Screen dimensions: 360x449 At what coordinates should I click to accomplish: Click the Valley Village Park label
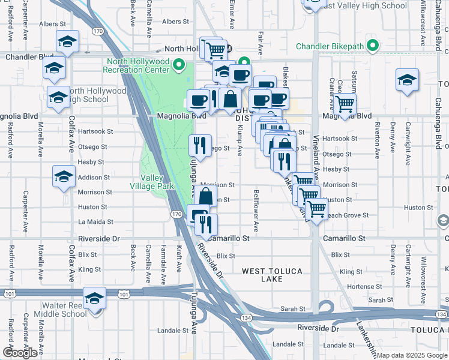(x=157, y=182)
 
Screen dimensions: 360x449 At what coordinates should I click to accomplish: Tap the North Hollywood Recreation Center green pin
(x=178, y=64)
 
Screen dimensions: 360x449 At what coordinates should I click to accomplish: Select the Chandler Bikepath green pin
(x=373, y=46)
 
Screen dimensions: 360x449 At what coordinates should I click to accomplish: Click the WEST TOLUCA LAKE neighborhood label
(x=272, y=275)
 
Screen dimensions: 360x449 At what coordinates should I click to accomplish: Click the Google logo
(x=20, y=353)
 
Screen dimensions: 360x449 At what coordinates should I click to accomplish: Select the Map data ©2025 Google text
(x=412, y=355)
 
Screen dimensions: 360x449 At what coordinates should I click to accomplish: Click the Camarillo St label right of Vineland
(x=344, y=238)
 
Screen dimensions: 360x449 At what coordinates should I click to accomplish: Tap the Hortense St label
(x=360, y=287)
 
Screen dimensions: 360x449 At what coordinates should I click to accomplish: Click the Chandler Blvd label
(x=29, y=57)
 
